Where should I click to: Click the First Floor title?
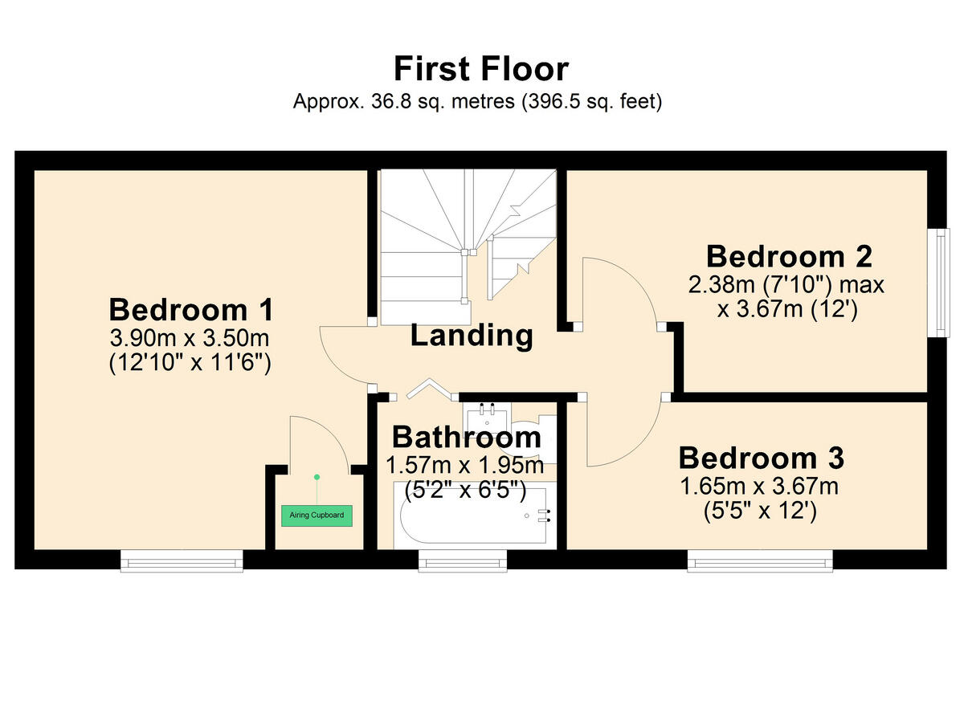[x=481, y=69]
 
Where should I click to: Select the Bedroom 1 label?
[x=191, y=309]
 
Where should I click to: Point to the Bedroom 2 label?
[x=789, y=257]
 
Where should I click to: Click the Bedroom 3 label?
[x=761, y=459]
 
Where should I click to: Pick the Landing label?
[x=472, y=336]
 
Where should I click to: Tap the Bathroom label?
[x=466, y=438]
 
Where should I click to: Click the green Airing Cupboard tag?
[x=317, y=516]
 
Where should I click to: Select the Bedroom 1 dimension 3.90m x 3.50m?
[x=190, y=337]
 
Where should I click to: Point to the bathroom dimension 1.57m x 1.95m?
[x=465, y=465]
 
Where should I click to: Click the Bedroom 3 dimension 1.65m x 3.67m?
[x=760, y=486]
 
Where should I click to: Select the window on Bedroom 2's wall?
[x=937, y=281]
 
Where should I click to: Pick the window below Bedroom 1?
[x=182, y=560]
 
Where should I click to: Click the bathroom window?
[x=463, y=560]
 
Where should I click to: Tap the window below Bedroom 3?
[x=760, y=560]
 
